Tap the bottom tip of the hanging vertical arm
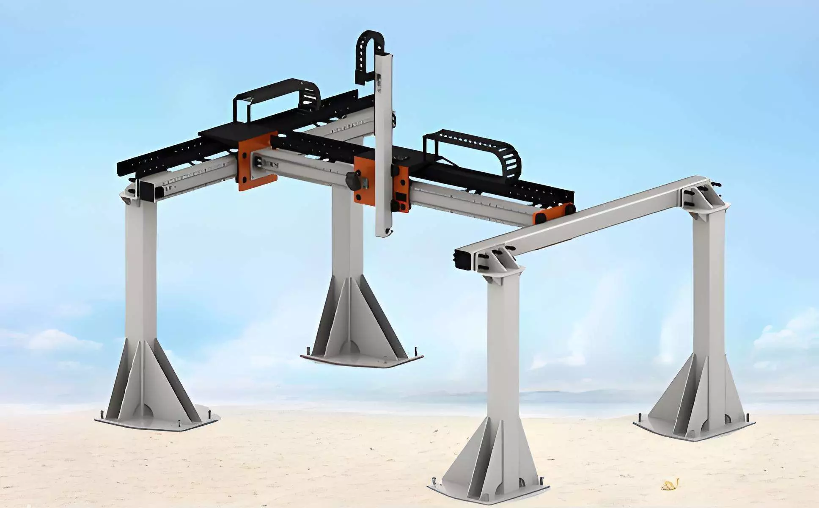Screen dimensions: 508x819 [384, 232]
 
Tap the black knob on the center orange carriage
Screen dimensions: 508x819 [352, 181]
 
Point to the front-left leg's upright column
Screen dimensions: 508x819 [141, 271]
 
